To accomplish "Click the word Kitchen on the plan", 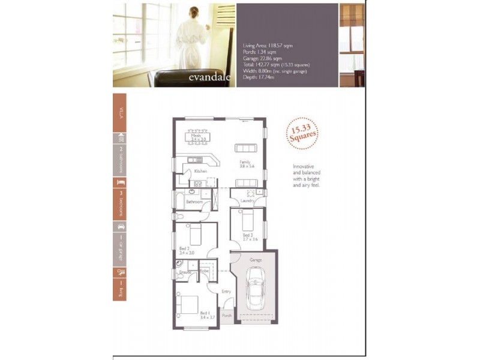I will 200,172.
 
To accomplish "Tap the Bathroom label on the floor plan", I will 193,202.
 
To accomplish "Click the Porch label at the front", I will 227,316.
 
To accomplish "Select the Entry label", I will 226,292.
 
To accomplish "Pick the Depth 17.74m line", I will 259,77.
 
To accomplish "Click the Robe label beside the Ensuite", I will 204,272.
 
